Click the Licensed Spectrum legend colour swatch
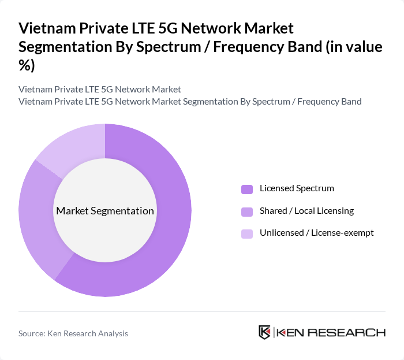tap(247, 189)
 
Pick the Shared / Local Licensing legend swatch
tap(247, 211)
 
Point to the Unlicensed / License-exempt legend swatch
tap(247, 233)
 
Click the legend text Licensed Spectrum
tap(297, 188)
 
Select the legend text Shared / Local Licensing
tap(306, 211)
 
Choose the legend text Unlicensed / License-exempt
tap(317, 233)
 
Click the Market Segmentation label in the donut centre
tap(105, 211)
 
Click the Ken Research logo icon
tap(265, 332)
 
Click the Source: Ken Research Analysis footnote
tap(73, 333)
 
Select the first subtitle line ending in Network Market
tap(100, 90)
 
